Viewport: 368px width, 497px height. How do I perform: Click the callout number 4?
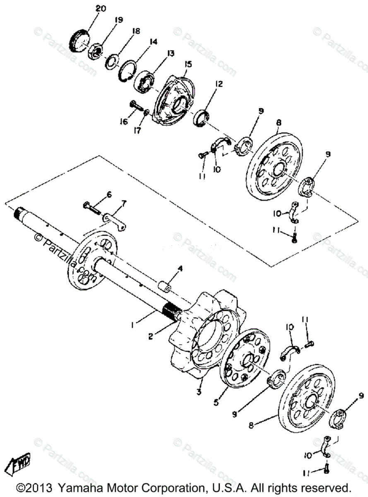(x=180, y=268)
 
